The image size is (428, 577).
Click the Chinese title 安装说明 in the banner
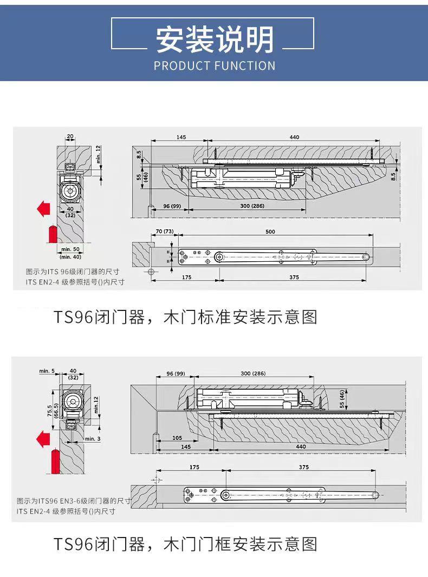coord(215,39)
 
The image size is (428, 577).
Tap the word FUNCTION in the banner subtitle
coord(245,66)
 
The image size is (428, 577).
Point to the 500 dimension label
coord(270,232)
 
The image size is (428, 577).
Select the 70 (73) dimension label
coord(165,232)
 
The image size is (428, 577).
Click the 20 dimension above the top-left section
coord(70,136)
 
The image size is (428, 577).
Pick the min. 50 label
coord(70,248)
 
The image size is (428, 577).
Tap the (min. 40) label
coord(70,256)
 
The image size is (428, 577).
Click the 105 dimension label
coord(177,438)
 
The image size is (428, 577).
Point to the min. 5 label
coord(47,371)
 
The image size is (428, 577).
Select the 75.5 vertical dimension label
coord(49,410)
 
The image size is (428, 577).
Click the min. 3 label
coord(93,439)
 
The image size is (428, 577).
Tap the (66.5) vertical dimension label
coord(57,410)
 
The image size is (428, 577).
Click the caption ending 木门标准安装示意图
coord(185,317)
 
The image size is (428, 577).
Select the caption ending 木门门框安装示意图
coord(185,544)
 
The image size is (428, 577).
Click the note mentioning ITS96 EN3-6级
coord(74,501)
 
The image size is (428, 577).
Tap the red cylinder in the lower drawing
coord(54,462)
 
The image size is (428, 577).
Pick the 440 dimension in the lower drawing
coord(301,447)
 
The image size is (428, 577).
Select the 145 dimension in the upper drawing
coord(181,137)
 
